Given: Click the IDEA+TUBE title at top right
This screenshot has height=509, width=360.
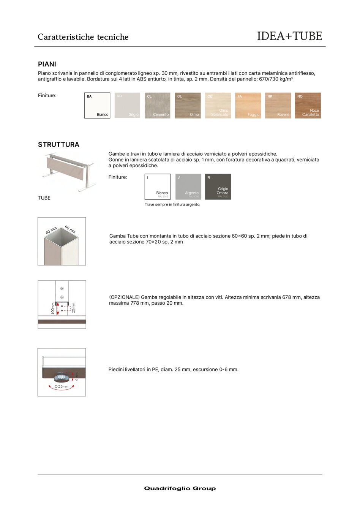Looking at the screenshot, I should coord(289,36).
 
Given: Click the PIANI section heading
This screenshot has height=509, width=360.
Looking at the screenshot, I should coord(47,64).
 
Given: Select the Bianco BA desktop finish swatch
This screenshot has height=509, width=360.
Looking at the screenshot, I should coord(97,106).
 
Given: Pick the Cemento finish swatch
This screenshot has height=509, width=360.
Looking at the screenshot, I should coord(158,106).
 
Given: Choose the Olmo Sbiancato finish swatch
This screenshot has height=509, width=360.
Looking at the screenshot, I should coord(218,106).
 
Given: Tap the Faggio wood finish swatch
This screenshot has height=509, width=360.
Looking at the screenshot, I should coord(248,106).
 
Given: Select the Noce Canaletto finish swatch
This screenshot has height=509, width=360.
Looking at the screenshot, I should coord(308,106).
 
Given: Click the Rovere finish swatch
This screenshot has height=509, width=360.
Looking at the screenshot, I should coord(278,106).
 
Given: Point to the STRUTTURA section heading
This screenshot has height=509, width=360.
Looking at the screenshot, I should coord(58,145).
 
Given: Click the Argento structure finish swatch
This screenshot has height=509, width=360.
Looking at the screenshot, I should coord(188,187).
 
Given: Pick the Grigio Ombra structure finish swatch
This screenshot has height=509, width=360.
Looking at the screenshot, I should coord(218,187).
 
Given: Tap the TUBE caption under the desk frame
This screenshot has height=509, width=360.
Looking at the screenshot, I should coord(44,198).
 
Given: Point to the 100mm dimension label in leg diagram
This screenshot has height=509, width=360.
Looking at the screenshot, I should coord(53,308).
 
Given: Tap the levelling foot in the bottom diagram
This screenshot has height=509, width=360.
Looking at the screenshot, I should coord(61,377).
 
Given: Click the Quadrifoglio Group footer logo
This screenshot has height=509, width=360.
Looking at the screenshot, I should coord(180,488).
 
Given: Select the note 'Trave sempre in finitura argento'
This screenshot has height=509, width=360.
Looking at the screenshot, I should coord(172,205).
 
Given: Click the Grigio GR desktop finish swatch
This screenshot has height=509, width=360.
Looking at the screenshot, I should coord(128,106).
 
